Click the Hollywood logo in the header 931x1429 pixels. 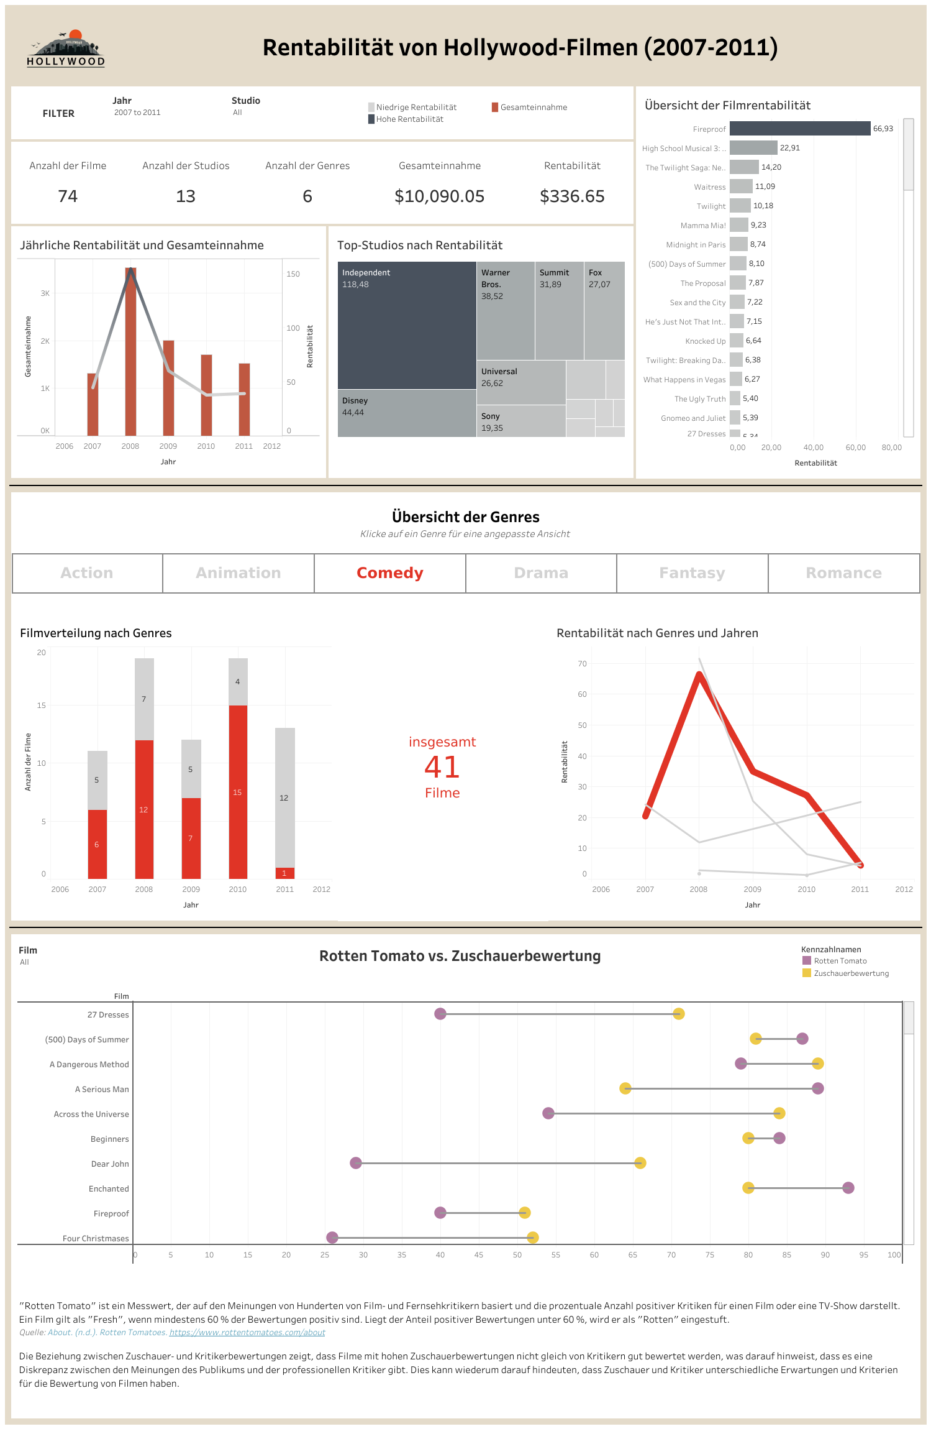[66, 48]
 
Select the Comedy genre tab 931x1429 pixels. [389, 573]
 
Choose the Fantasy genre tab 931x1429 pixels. [692, 573]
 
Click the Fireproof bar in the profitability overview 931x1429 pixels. [799, 129]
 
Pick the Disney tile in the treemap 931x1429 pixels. [406, 413]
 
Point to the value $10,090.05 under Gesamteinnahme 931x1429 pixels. [439, 196]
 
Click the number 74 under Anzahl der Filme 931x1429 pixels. [68, 196]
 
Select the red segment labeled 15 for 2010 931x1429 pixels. [238, 793]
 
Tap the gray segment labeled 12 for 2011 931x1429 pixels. [284, 797]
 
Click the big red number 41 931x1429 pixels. [442, 767]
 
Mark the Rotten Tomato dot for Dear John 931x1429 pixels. [356, 1163]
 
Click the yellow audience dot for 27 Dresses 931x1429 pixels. [679, 1014]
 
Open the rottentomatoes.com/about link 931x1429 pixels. [247, 1332]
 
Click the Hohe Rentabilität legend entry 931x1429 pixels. [409, 119]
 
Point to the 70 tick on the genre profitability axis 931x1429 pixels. [582, 664]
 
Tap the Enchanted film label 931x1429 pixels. [109, 1188]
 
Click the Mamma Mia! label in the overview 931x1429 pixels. [703, 226]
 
